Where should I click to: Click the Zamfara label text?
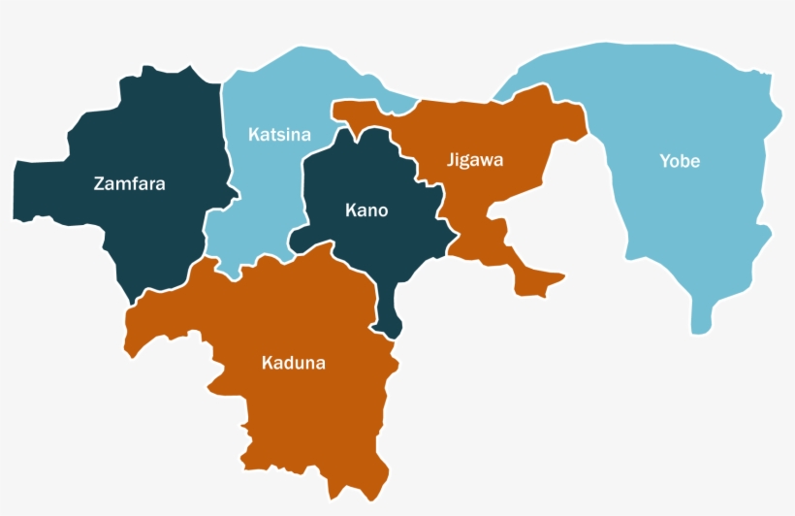pyautogui.click(x=129, y=183)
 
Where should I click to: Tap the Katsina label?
pyautogui.click(x=279, y=134)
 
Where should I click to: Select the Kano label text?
pyautogui.click(x=366, y=210)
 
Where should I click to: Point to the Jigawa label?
pyautogui.click(x=475, y=159)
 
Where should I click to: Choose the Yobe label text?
pyautogui.click(x=680, y=161)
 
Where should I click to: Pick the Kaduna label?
pyautogui.click(x=294, y=364)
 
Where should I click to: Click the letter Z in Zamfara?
pyautogui.click(x=99, y=183)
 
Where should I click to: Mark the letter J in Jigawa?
pyautogui.click(x=451, y=159)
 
